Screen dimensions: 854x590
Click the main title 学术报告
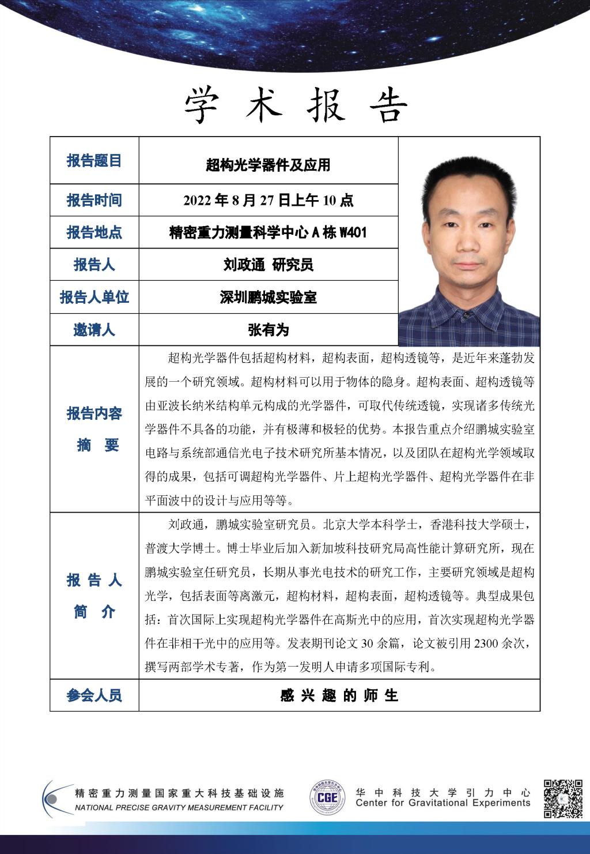click(296, 106)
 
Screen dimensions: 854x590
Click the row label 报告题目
click(94, 161)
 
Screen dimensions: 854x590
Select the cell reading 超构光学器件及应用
click(268, 165)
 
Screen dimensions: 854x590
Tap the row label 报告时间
click(94, 200)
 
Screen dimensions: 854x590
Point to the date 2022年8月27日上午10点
click(268, 200)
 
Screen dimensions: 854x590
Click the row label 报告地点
click(94, 232)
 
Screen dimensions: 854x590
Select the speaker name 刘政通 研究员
click(268, 265)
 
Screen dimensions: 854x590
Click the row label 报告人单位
click(94, 297)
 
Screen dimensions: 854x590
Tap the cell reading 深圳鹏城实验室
click(268, 297)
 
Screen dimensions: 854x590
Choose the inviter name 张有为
click(268, 330)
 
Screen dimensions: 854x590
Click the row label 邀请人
click(94, 330)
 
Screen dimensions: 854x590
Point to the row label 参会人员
click(94, 695)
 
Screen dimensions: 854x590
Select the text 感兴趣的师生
click(339, 695)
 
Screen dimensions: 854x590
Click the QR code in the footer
click(563, 799)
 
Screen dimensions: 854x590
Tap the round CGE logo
click(327, 799)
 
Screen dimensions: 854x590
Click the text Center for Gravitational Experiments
click(442, 803)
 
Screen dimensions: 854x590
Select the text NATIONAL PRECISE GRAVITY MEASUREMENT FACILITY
click(179, 808)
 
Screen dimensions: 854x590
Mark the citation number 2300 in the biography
click(486, 644)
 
